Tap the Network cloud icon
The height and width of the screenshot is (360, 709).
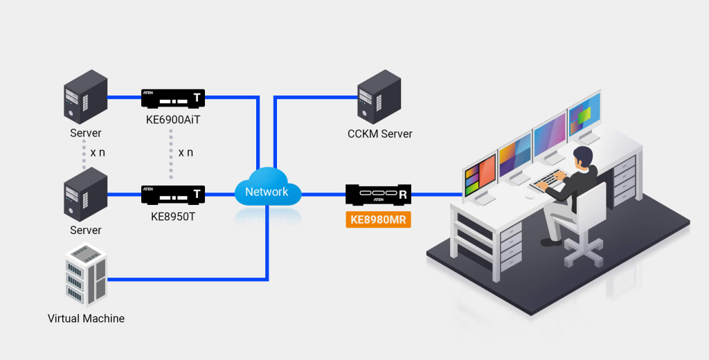(267, 191)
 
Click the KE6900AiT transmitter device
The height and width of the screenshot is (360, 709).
(172, 98)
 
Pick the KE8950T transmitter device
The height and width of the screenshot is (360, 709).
(172, 195)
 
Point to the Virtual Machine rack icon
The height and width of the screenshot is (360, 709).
(85, 275)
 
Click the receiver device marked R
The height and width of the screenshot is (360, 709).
(378, 195)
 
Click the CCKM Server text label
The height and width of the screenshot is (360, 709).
(379, 134)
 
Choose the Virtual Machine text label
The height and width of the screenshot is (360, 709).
(86, 319)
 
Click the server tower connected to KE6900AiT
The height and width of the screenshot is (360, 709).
(85, 97)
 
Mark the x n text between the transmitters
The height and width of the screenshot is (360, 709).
(185, 152)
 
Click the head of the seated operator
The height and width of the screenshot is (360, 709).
(584, 156)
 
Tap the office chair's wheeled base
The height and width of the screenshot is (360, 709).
(582, 252)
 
